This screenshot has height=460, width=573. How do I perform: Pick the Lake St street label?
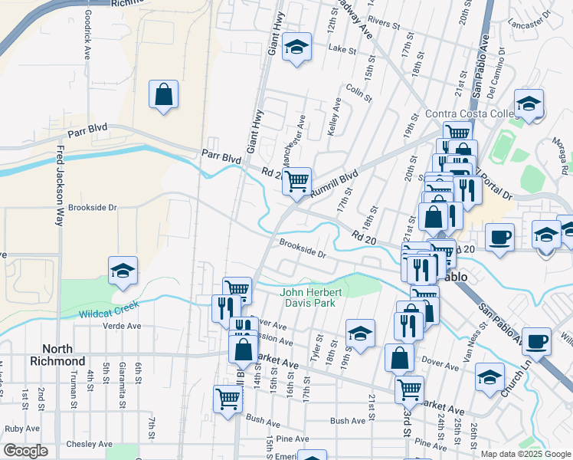pyautogui.click(x=338, y=48)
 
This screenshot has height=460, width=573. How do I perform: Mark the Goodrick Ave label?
pyautogui.click(x=88, y=28)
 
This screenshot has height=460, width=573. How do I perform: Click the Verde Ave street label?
pyautogui.click(x=122, y=326)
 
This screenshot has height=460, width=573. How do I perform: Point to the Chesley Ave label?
pyautogui.click(x=91, y=444)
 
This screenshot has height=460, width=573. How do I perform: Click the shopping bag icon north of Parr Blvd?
pyautogui.click(x=164, y=95)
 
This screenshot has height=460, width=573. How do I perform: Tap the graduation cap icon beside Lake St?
pyautogui.click(x=296, y=48)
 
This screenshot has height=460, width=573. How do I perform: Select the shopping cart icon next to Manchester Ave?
pyautogui.click(x=296, y=182)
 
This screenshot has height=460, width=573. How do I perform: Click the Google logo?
pyautogui.click(x=25, y=451)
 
